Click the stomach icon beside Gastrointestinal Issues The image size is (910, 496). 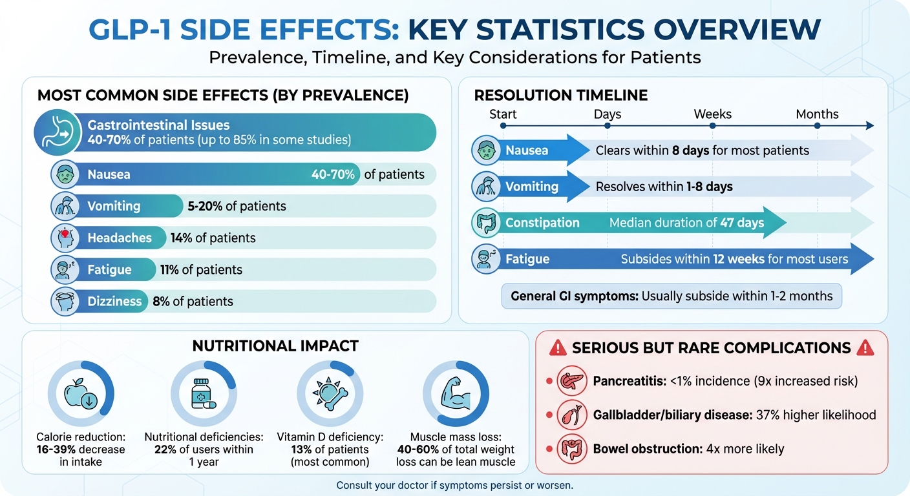54,132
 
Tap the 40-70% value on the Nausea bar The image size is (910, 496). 333,174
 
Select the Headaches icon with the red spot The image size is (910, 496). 65,238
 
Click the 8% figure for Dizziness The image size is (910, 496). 161,302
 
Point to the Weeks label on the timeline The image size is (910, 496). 712,114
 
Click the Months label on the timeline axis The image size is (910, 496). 817,114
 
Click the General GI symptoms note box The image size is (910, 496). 672,296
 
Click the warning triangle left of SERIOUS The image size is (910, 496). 557,349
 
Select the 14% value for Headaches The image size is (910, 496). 182,238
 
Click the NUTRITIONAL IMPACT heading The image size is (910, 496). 275,346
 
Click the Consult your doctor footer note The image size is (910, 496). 454,485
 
